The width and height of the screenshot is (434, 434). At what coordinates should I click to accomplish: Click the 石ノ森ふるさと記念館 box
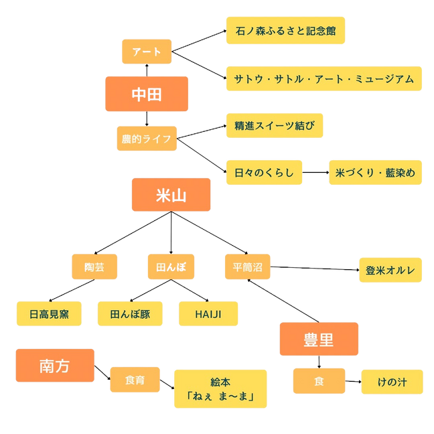point(285,31)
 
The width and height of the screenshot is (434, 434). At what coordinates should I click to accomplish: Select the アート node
point(146,52)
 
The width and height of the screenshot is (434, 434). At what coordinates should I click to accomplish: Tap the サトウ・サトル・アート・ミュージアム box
point(323,79)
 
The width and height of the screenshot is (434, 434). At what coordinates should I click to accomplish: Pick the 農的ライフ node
point(146,139)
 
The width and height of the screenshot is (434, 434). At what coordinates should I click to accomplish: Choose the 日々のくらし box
point(264,173)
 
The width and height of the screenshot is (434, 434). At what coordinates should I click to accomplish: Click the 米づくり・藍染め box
point(375,173)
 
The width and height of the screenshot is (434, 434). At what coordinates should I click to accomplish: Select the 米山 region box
point(171,196)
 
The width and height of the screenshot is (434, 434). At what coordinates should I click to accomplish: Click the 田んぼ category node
point(170,267)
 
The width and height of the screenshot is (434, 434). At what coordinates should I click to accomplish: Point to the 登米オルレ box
point(390,271)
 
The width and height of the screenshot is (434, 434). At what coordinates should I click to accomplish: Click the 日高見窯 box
point(49,313)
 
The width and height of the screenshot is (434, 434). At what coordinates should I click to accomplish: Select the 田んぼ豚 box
point(130,313)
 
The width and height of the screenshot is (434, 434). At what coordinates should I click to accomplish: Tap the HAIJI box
point(208,313)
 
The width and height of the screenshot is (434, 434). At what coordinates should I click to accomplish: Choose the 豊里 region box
point(319,340)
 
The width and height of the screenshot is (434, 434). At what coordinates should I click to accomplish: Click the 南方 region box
point(55,366)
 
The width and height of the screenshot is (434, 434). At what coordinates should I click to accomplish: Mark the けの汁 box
point(392,381)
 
